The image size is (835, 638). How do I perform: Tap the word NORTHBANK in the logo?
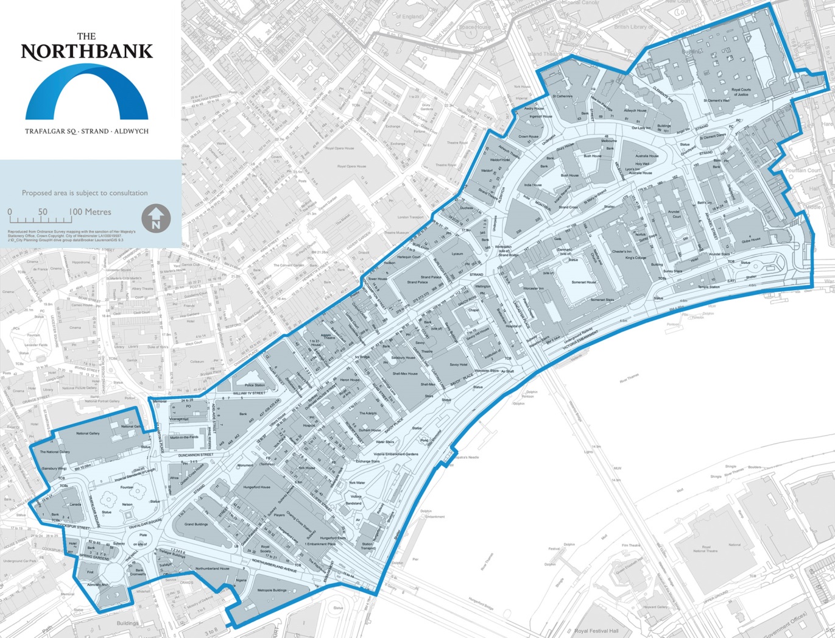(86, 52)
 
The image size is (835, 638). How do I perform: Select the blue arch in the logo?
(86, 91)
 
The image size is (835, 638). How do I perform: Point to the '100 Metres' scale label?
(90, 212)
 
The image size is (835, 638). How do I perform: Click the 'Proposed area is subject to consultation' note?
(85, 193)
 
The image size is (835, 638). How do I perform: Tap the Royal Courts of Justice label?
(741, 92)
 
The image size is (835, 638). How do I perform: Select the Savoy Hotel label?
(459, 364)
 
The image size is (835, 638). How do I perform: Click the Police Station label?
(255, 385)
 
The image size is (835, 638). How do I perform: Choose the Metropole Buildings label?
(272, 590)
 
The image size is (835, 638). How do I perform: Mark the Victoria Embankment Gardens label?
(396, 455)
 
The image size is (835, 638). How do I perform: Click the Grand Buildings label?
(196, 524)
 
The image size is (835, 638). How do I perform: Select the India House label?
(533, 185)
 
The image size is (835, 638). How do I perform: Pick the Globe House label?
(751, 239)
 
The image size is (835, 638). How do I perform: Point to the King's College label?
(635, 258)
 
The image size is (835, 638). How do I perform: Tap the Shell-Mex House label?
(404, 374)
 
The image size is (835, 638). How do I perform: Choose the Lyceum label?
(457, 253)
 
